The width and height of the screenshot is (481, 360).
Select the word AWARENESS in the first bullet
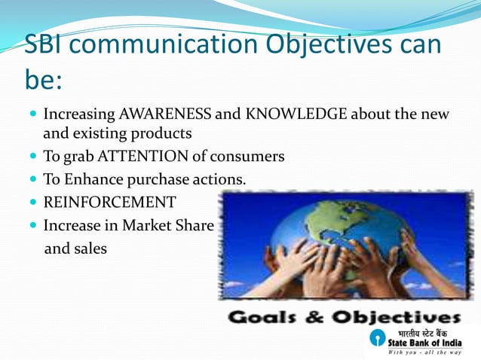(x=164, y=115)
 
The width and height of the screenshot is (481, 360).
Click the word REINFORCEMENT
(x=109, y=202)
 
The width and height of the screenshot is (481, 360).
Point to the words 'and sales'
(x=75, y=247)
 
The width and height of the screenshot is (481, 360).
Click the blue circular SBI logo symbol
(x=377, y=337)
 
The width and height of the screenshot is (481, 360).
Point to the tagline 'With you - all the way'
(x=424, y=352)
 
